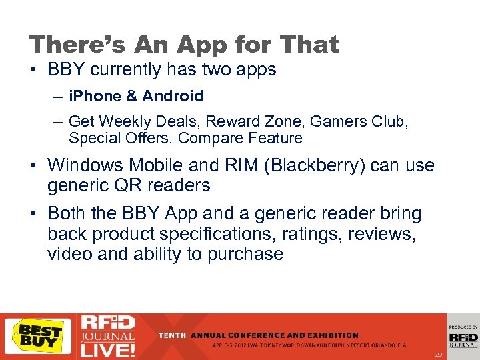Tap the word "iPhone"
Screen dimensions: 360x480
94,96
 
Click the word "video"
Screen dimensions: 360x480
69,254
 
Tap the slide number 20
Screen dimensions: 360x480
437,354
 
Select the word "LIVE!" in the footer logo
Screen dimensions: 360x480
108,348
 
